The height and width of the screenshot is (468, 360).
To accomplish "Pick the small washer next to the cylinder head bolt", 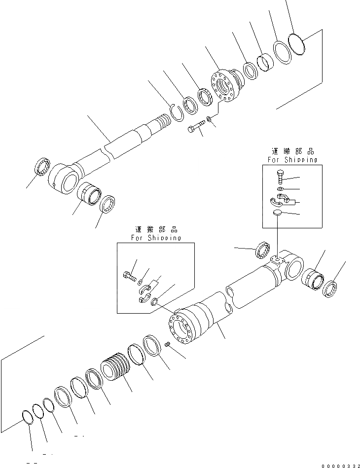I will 211,119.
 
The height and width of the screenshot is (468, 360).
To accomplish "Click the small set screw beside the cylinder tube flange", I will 168,345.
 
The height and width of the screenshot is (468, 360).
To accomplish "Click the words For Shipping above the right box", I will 292,160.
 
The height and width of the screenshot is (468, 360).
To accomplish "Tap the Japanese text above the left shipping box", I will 155,229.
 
